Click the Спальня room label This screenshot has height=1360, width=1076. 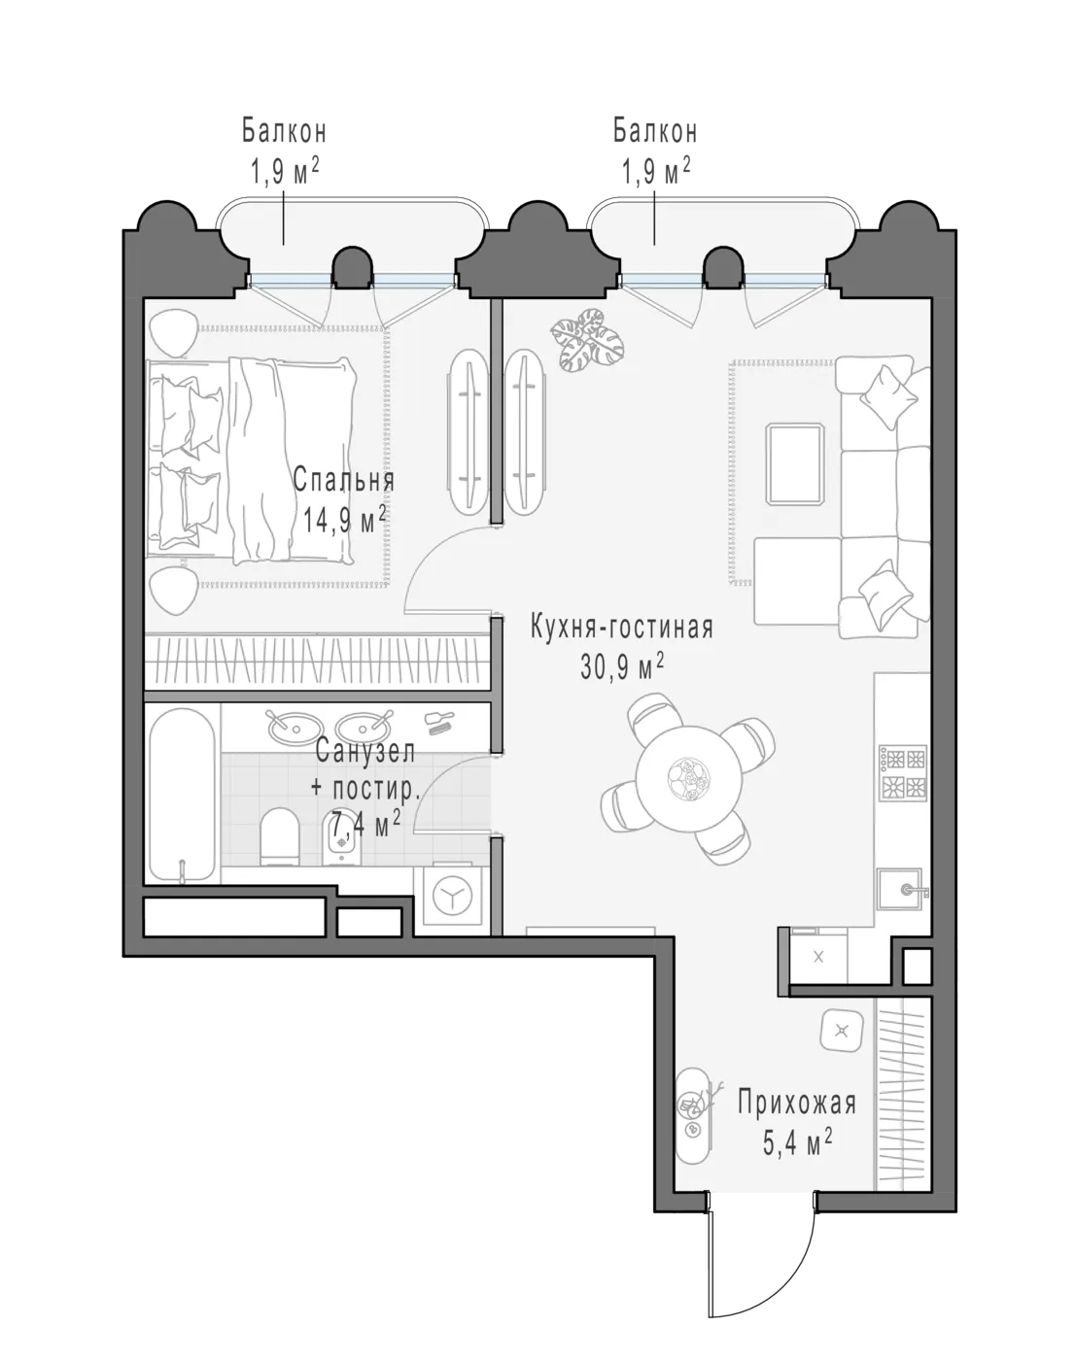click(x=344, y=480)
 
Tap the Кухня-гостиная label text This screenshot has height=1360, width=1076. click(x=622, y=628)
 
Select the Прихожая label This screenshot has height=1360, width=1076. click(x=796, y=1104)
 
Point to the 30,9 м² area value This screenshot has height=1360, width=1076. click(x=622, y=666)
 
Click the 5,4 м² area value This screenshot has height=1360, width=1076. click(x=796, y=1143)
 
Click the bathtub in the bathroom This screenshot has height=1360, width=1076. click(x=182, y=795)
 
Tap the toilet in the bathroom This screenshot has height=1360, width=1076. click(x=279, y=836)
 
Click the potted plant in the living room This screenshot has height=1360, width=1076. click(x=586, y=338)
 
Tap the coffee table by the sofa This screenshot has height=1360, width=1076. click(x=795, y=464)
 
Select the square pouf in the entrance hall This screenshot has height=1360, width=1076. click(x=841, y=1031)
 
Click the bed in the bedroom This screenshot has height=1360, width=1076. click(x=251, y=459)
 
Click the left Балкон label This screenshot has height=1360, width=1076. click(x=284, y=131)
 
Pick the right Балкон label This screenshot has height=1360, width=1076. click(x=655, y=131)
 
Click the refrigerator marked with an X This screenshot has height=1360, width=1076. click(x=818, y=958)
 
